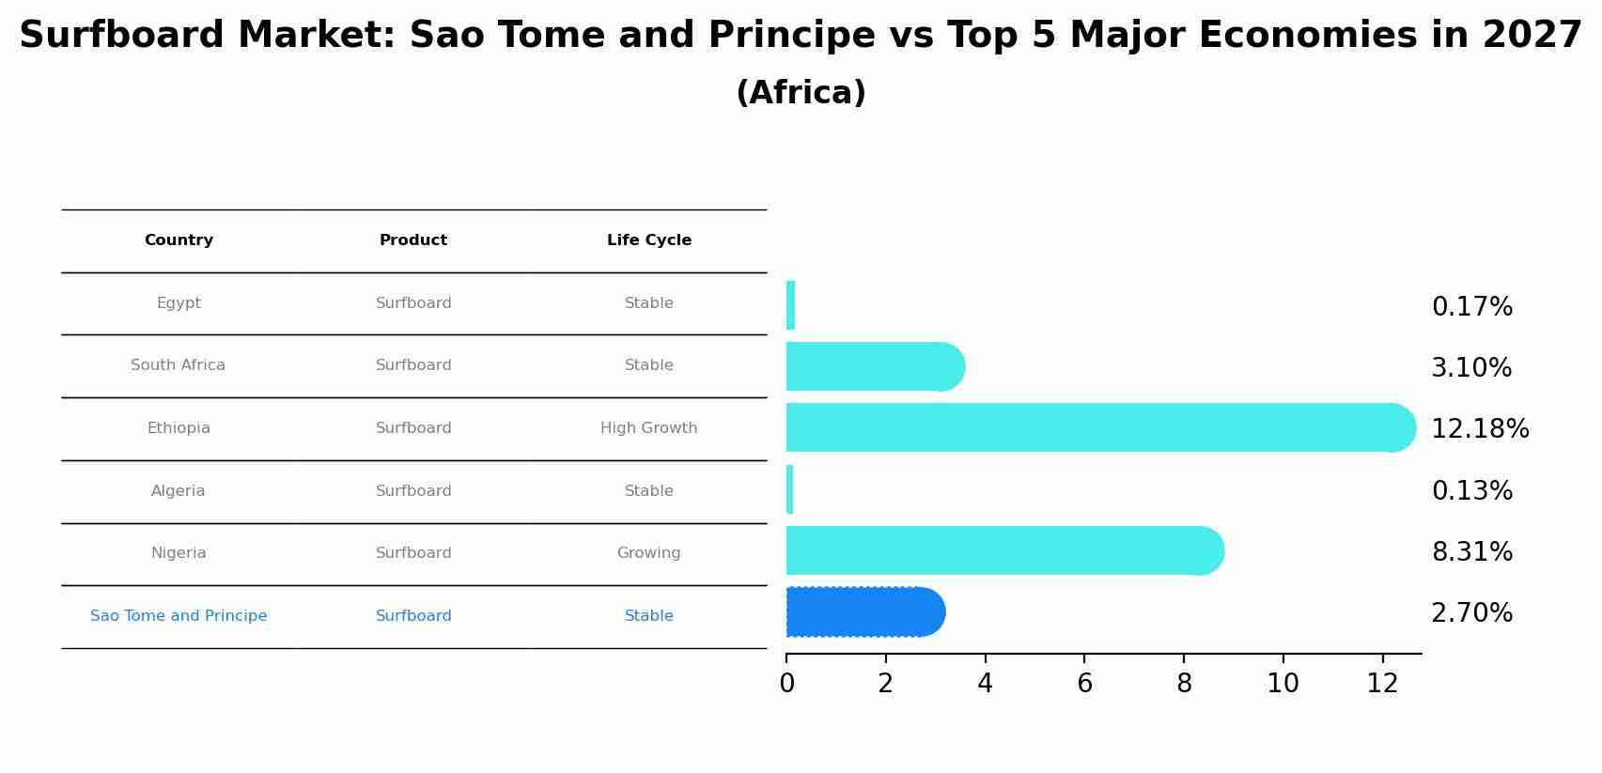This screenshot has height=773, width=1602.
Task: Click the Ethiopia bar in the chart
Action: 1100,427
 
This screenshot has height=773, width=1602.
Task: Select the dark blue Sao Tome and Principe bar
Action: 865,612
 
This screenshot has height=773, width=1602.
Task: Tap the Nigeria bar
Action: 1004,550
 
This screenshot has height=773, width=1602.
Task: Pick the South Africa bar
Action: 876,367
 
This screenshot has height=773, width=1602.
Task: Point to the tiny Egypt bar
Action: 790,305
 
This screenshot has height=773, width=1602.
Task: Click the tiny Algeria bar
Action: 789,489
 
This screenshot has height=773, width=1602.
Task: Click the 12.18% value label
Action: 1480,429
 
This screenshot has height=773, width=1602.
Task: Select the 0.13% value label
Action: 1471,490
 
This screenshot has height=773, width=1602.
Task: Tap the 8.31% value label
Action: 1471,552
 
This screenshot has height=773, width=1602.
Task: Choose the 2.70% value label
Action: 1471,613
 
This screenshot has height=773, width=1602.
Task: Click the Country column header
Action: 179,240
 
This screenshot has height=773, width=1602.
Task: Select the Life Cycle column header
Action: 649,240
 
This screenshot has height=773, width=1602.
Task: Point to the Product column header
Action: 413,240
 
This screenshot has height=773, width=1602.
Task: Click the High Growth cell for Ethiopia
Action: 648,427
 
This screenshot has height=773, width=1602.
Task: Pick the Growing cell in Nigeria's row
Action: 648,553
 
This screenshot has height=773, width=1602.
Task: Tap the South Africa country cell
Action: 179,365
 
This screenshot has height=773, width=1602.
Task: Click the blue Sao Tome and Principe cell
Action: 179,616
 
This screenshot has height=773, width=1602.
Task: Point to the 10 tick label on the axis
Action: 1283,684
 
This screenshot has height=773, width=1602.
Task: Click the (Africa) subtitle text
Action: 801,93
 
